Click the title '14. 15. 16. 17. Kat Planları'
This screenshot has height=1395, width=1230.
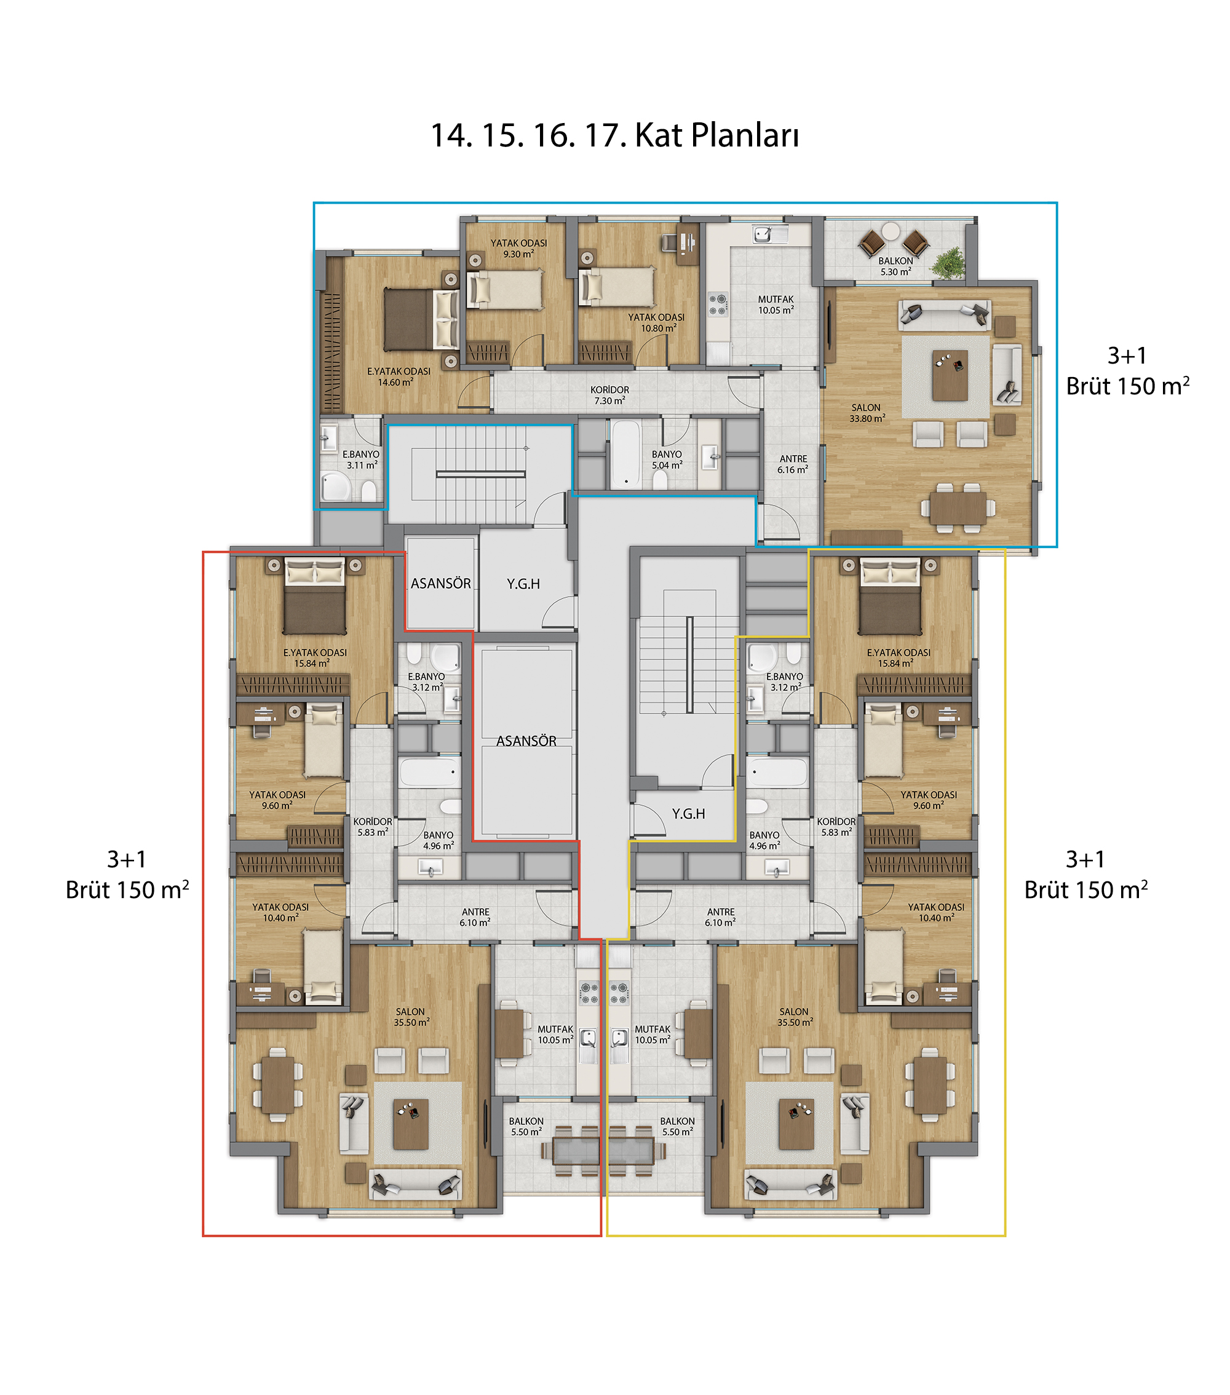coord(614,135)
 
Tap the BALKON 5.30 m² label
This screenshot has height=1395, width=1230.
coord(895,266)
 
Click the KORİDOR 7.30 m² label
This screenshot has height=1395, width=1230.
coord(609,395)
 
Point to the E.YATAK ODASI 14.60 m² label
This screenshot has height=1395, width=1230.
coord(399,376)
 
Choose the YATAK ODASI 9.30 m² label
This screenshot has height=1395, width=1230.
coord(519,248)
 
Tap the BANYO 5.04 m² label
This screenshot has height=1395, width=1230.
coord(667,459)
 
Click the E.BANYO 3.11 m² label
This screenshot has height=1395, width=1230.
coord(361,459)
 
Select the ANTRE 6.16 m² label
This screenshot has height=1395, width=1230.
coord(793,464)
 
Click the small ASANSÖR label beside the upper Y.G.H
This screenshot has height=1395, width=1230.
coord(441,584)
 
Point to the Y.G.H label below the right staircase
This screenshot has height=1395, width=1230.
coord(688,814)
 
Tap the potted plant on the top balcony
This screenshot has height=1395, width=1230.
coord(948,262)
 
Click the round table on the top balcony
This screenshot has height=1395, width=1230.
coord(891,231)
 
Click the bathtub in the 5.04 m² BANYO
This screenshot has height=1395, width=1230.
coord(625,455)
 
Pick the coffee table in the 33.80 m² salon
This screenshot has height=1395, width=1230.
coord(950,375)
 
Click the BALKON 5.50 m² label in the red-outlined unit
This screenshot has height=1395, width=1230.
coord(526,1126)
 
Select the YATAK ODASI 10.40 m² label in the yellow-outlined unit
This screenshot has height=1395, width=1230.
coord(936,913)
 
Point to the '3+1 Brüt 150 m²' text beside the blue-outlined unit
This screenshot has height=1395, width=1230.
coord(1128,372)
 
